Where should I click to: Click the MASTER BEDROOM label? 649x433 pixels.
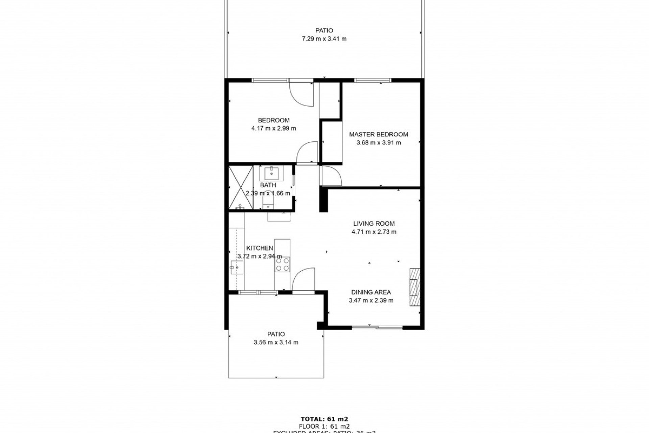378,134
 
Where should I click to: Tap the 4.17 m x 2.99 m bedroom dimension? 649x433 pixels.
273,129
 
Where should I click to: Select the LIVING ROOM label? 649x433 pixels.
374,224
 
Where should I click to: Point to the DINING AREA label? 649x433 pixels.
371,292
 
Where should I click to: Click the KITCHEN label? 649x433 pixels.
259,248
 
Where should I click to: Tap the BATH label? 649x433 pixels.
268,185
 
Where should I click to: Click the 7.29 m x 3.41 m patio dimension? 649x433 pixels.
324,39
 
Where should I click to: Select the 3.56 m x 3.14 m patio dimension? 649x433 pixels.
276,342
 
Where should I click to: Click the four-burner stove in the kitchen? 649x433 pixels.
282,264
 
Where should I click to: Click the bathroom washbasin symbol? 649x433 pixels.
271,173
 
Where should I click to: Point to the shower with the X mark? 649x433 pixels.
241,187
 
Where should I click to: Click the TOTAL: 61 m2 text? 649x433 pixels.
324,419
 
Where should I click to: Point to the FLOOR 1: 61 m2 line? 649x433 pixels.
324,426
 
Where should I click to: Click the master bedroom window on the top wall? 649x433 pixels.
372,81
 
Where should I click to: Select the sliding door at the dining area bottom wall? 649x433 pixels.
377,327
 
